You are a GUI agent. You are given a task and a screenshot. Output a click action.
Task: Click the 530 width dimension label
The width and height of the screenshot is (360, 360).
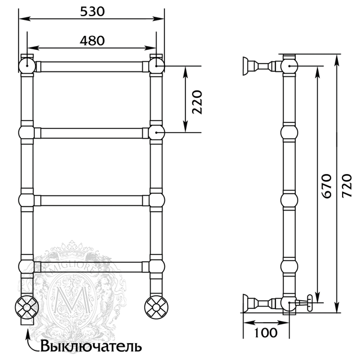pyautogui.click(x=92, y=11)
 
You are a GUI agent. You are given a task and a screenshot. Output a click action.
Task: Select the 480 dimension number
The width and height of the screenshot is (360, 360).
pyautogui.click(x=92, y=41)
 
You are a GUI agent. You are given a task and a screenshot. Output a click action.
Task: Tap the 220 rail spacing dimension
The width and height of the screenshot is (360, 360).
pyautogui.click(x=197, y=102)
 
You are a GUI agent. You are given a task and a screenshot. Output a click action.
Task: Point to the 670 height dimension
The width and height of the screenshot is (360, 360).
pyautogui.click(x=326, y=186)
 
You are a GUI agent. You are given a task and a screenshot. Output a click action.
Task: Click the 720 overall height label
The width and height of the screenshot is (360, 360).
pyautogui.click(x=346, y=186)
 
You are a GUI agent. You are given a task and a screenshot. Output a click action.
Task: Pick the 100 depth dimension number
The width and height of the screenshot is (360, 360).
pyautogui.click(x=266, y=332)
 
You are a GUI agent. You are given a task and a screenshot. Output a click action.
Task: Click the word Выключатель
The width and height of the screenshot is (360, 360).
pyautogui.click(x=91, y=346)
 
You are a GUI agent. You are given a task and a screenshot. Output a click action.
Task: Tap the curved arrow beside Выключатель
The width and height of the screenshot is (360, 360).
pyautogui.click(x=31, y=340)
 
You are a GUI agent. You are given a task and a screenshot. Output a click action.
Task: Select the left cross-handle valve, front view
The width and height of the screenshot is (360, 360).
pyautogui.click(x=27, y=307)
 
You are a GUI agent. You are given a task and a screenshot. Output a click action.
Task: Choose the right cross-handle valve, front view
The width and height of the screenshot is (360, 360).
pyautogui.click(x=157, y=307)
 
